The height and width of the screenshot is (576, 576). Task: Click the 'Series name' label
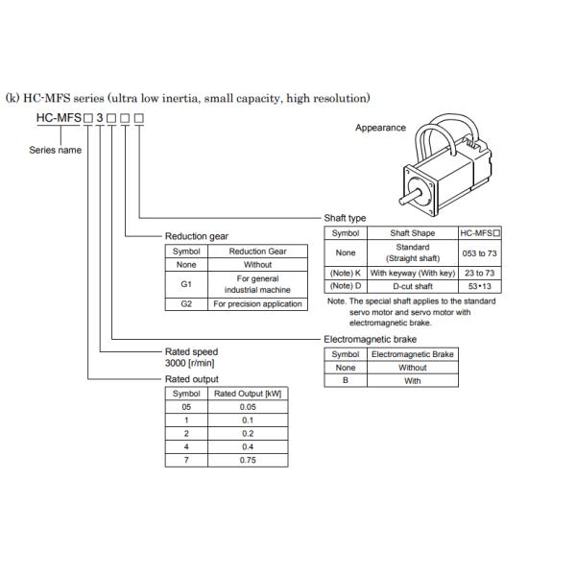point(55,150)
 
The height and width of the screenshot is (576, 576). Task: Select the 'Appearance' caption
point(380,128)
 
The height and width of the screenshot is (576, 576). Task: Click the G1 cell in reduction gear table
point(186,283)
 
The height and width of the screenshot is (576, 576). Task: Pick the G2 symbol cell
point(186,303)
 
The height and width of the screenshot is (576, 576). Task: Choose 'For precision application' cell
point(257,303)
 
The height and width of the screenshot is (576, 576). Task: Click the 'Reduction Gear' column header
point(257,252)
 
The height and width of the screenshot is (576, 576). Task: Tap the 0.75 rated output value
point(248,460)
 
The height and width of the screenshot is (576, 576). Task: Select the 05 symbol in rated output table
point(186,406)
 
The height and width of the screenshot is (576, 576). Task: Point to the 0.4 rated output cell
point(248,446)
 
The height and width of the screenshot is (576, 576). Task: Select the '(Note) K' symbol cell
point(345,273)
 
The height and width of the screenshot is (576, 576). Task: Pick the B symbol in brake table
point(346,380)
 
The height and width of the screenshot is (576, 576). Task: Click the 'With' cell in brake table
point(413,380)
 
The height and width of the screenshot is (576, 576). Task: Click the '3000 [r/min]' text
point(192,365)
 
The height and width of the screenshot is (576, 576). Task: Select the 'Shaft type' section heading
point(345,218)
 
